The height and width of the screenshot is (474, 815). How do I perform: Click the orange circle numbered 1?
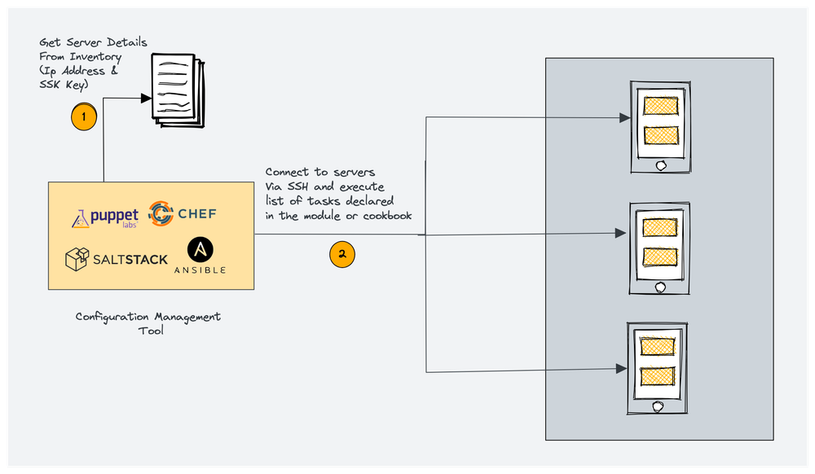[83, 116]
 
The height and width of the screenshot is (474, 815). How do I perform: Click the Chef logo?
[183, 214]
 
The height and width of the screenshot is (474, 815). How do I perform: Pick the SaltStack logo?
[116, 260]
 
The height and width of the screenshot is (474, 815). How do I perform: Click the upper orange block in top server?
[660, 106]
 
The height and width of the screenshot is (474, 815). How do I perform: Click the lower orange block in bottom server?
[659, 376]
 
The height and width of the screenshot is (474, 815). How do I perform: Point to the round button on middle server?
[660, 287]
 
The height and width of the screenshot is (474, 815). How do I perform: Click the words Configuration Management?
[148, 317]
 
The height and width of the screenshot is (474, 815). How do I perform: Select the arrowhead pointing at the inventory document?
[147, 99]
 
